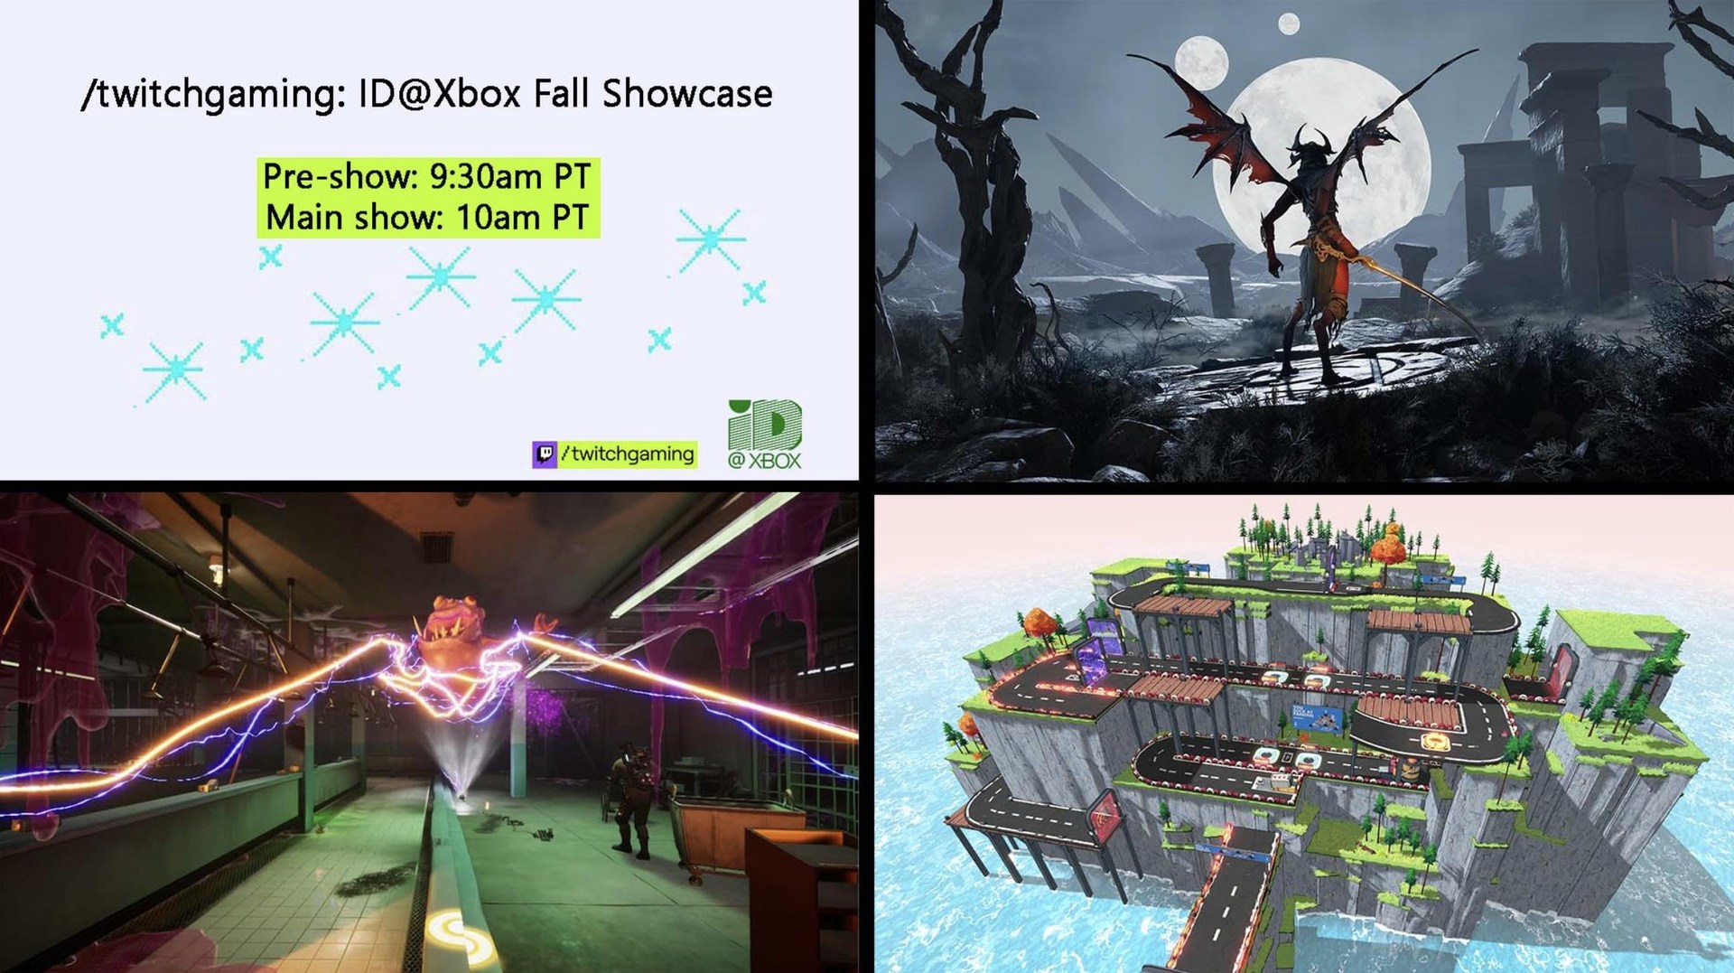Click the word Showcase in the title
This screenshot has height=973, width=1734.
pos(686,93)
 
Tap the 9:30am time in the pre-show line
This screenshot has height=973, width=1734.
pos(485,175)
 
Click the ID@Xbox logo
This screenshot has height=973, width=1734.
pos(765,435)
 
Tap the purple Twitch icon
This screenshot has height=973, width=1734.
pos(544,454)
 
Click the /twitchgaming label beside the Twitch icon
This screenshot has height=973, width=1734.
pos(628,454)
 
